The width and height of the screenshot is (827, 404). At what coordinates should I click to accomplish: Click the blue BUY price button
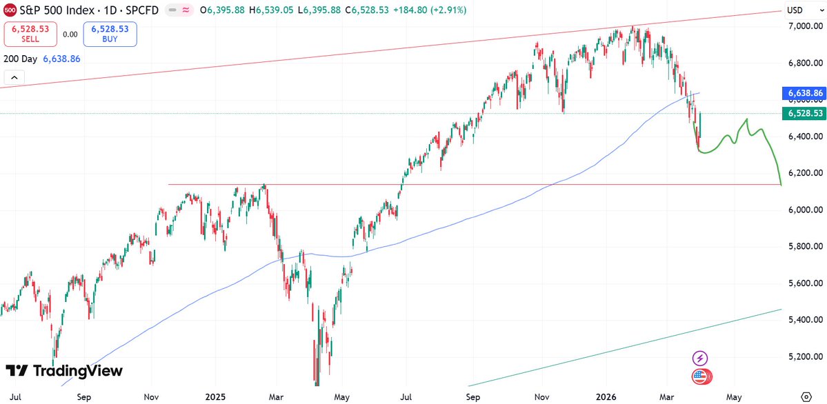[110, 34]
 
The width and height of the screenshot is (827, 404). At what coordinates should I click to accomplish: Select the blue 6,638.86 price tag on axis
[803, 92]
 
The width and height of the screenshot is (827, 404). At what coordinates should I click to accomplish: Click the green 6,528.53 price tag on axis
[803, 113]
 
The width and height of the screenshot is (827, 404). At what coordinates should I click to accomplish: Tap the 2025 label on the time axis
[216, 397]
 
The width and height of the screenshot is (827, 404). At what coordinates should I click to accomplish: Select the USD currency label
[795, 10]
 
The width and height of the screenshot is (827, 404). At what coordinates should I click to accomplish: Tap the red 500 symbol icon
[10, 10]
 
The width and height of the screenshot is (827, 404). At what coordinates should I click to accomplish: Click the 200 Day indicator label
[20, 59]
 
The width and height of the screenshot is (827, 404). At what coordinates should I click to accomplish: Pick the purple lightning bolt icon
[701, 358]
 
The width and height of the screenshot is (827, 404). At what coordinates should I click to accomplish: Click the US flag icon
[701, 376]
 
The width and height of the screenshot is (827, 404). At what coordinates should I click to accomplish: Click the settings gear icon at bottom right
[806, 397]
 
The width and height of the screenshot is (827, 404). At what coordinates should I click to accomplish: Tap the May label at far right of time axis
[734, 397]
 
